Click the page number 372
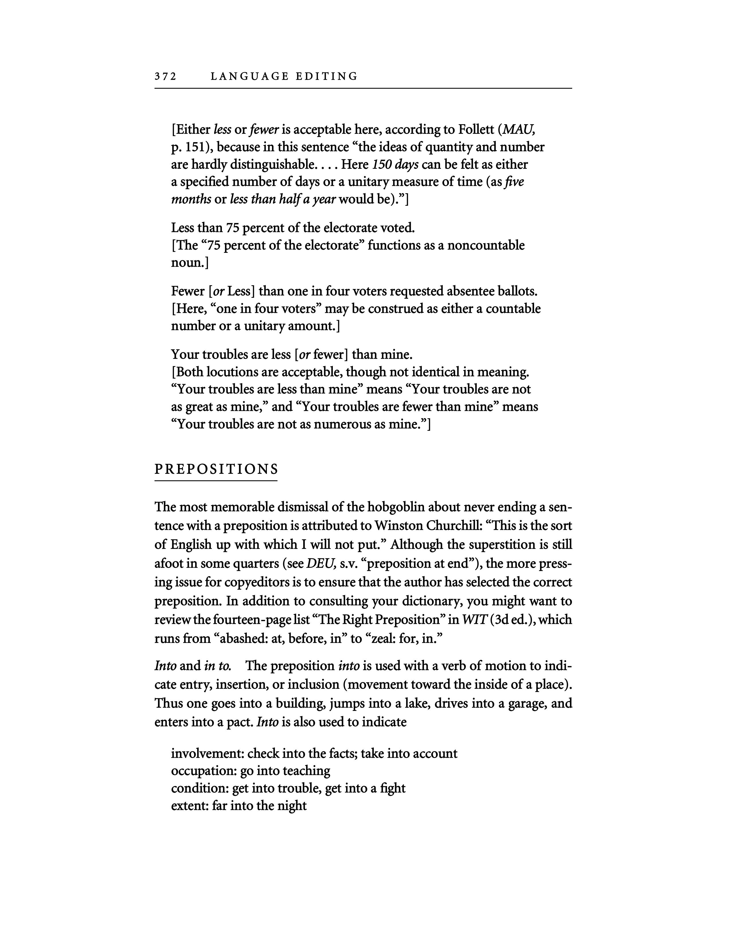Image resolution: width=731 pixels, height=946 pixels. click(165, 77)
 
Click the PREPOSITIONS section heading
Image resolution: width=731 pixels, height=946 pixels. click(216, 469)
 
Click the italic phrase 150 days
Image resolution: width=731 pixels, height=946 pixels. click(395, 165)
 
